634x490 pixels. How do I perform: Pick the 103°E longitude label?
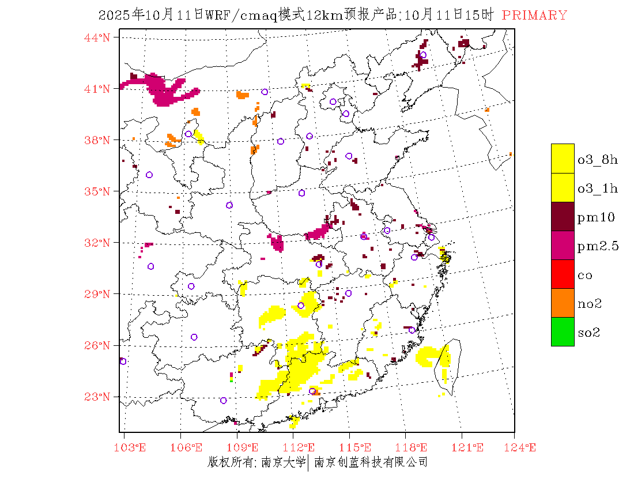(x=131, y=447)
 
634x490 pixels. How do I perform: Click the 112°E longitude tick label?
(x=301, y=447)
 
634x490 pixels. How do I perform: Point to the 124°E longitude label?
(x=524, y=447)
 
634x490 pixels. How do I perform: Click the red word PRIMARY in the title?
(x=534, y=16)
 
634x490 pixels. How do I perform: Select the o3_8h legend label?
(x=598, y=160)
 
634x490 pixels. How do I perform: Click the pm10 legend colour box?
(x=563, y=217)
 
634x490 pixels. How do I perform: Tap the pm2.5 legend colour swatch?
(x=563, y=246)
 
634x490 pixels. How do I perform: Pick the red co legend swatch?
(x=563, y=274)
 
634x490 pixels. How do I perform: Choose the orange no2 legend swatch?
(x=563, y=303)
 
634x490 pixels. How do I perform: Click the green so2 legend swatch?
(x=563, y=332)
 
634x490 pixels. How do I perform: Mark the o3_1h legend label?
(x=598, y=189)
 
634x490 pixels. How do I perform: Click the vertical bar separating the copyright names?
(x=308, y=462)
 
